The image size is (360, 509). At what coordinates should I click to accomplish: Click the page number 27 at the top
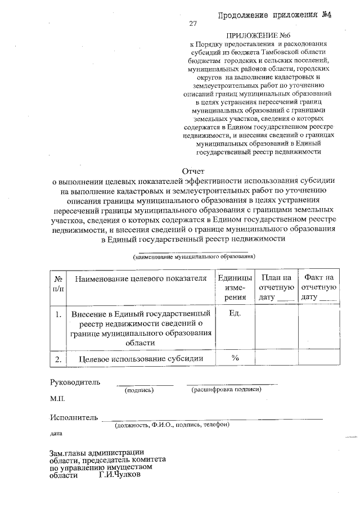[193, 24]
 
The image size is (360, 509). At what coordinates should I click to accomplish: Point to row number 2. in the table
[58, 358]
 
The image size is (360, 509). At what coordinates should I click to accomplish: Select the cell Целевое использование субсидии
[140, 358]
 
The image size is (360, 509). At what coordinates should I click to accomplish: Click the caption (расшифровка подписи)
[226, 389]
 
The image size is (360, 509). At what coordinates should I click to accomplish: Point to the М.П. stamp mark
[57, 398]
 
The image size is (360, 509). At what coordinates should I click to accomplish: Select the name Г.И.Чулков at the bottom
[119, 474]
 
